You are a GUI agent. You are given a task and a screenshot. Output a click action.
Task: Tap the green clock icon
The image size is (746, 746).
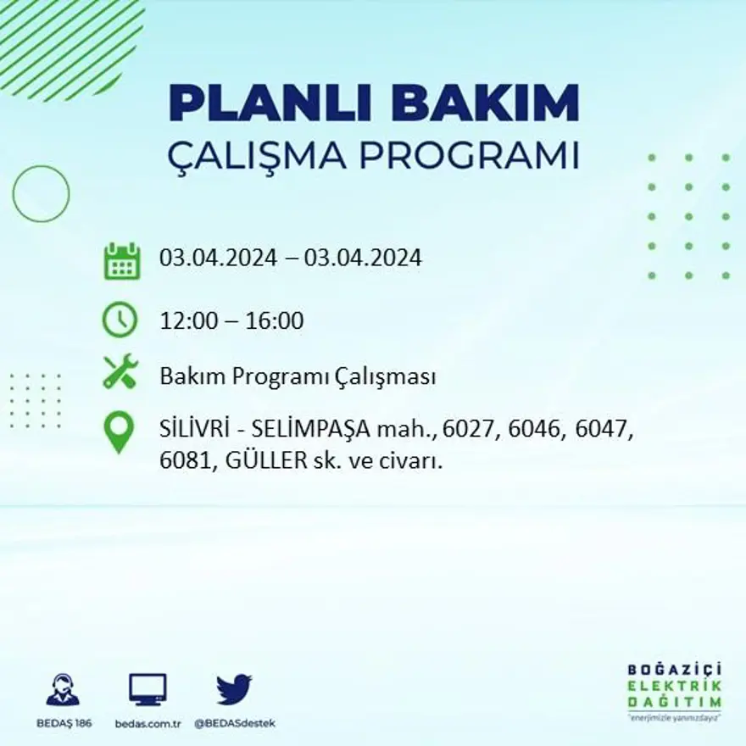120,320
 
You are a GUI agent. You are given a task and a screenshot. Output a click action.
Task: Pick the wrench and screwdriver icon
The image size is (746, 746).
120,371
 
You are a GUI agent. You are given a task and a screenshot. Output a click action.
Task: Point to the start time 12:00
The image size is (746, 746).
186,321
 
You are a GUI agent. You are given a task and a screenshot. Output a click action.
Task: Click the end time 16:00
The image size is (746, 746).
275,321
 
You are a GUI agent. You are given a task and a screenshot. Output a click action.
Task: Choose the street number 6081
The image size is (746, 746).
186,463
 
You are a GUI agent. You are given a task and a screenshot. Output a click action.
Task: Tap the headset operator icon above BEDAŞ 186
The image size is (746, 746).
62,689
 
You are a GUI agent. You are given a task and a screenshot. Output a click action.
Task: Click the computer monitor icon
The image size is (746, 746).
148,688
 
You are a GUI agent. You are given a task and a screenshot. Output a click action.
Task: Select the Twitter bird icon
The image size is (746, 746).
234,688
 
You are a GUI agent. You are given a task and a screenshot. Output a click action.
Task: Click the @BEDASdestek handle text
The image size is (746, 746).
234,723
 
